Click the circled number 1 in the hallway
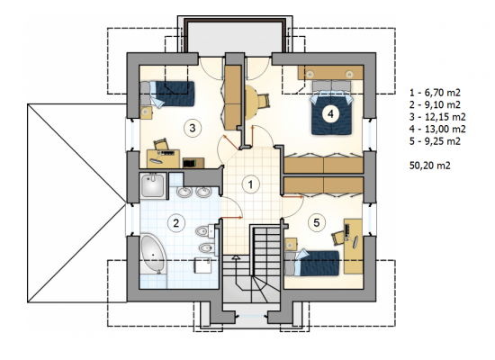(x=251, y=184)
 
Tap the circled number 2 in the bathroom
(x=175, y=223)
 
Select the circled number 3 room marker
(x=193, y=128)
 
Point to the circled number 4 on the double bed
(x=330, y=113)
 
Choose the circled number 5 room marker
(x=316, y=222)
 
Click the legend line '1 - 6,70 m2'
(x=435, y=93)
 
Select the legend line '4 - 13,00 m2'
(x=437, y=129)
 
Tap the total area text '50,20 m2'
(x=430, y=166)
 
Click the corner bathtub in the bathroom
(x=153, y=254)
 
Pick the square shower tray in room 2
(x=153, y=186)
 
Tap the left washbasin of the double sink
(x=183, y=192)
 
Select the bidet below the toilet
(x=205, y=247)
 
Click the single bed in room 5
(x=312, y=263)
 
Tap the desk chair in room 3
(x=161, y=144)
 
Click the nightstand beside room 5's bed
(x=291, y=245)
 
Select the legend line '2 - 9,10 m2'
(x=435, y=104)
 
